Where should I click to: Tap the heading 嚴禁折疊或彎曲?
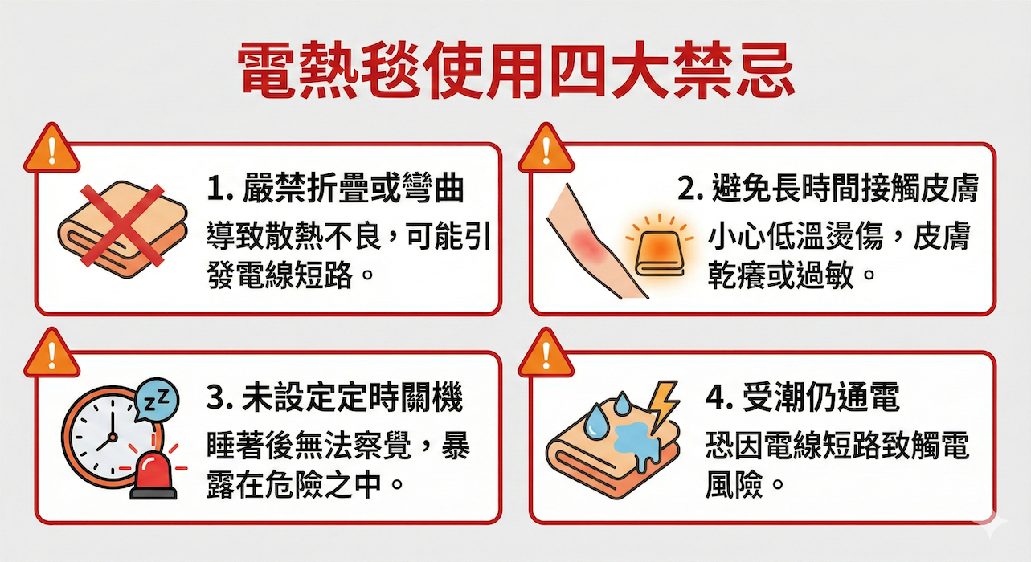click(x=354, y=188)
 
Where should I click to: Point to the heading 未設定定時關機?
click(x=353, y=397)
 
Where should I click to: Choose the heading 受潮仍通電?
click(x=820, y=397)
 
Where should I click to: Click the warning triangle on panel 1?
click(x=52, y=148)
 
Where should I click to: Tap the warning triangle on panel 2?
click(x=546, y=148)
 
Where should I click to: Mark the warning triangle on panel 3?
click(x=52, y=352)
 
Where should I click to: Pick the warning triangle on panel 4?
click(x=546, y=352)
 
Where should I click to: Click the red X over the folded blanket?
click(x=122, y=226)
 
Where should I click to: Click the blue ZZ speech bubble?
click(x=157, y=401)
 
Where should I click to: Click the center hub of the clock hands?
click(x=112, y=437)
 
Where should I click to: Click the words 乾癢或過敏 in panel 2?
click(x=780, y=275)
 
